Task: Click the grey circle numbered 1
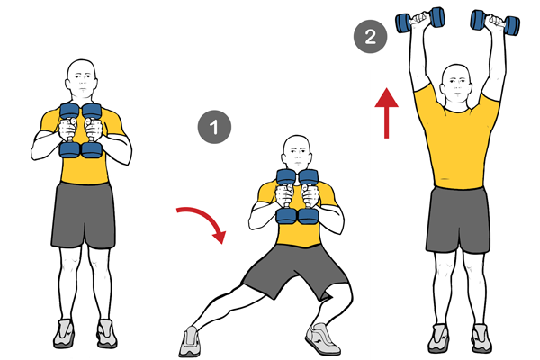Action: (x=214, y=127)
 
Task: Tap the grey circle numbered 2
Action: (x=370, y=37)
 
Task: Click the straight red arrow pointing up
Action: (x=386, y=113)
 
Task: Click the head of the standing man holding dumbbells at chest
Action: (x=81, y=80)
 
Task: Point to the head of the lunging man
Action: (x=297, y=153)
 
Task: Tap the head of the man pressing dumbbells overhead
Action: (x=456, y=84)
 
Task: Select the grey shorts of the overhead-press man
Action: (x=458, y=220)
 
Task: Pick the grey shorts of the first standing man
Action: (x=84, y=215)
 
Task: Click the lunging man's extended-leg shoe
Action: (x=189, y=341)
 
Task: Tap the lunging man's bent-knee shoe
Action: (x=322, y=338)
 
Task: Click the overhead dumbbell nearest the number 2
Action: (x=420, y=20)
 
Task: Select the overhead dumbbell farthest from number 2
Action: (x=495, y=22)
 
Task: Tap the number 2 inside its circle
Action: (x=370, y=37)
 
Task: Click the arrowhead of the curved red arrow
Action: (x=219, y=237)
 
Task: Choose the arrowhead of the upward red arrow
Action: (x=387, y=97)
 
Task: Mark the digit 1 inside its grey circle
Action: (x=214, y=127)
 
